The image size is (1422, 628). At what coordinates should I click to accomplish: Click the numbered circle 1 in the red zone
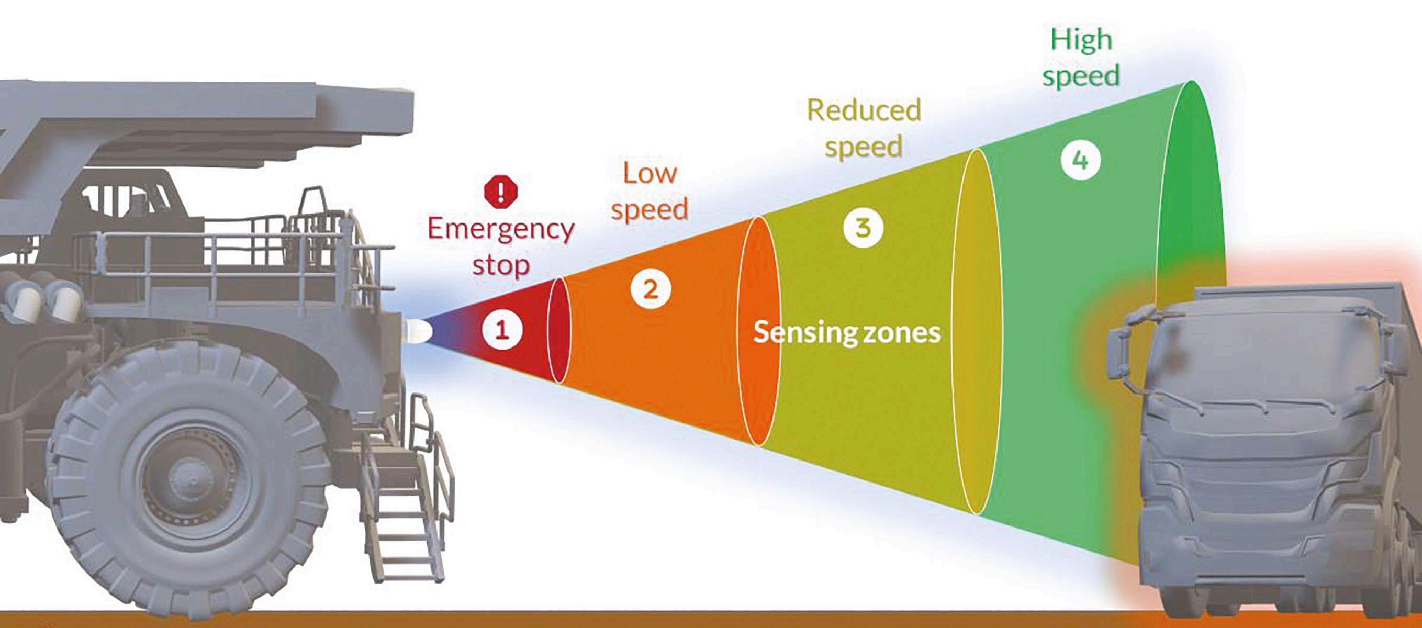point(502,330)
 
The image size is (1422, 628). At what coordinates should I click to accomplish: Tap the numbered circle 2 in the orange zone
point(651,289)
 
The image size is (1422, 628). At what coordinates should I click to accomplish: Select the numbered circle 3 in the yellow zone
point(864,227)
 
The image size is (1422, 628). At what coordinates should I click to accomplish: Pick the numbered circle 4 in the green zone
point(1080,160)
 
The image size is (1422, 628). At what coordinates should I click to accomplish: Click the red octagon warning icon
point(501,192)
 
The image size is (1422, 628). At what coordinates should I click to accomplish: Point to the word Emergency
point(501,229)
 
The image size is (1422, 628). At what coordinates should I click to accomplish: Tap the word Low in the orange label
point(650,173)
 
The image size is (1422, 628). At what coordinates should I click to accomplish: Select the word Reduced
point(864,110)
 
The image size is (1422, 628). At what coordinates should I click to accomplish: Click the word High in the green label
point(1081,40)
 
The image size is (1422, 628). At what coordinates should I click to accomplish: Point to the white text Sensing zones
point(847,332)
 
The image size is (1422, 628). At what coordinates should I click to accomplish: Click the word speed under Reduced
point(864,146)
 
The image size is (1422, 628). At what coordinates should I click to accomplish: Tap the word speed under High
point(1081,75)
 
